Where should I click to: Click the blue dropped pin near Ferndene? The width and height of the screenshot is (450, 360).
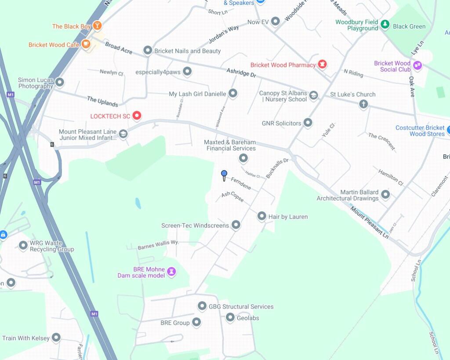click(224, 175)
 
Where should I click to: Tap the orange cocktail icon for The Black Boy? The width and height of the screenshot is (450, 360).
click(97, 25)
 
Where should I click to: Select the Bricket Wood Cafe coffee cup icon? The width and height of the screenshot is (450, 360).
click(86, 44)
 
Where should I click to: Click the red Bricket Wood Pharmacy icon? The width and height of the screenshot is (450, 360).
click(323, 65)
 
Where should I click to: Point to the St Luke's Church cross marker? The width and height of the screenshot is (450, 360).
click(363, 104)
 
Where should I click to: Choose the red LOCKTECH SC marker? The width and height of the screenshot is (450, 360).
click(137, 116)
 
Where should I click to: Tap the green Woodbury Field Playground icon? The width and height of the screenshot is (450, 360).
click(385, 25)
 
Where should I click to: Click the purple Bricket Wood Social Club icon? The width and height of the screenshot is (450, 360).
click(417, 65)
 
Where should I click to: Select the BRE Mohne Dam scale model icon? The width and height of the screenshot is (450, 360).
click(171, 272)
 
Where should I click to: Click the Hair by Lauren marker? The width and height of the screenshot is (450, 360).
click(262, 216)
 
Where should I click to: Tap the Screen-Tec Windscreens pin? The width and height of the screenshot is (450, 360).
click(236, 225)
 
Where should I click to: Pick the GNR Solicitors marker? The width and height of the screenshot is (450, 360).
click(308, 123)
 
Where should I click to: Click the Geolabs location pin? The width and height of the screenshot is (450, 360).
click(230, 317)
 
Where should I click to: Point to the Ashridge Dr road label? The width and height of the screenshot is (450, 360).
click(241, 73)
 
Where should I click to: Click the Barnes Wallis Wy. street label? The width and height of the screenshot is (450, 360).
click(158, 245)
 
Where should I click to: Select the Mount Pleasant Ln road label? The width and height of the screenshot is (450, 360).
click(369, 222)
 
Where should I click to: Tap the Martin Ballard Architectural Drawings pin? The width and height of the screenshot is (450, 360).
click(385, 194)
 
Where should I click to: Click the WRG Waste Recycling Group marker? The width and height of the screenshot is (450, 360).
click(23, 245)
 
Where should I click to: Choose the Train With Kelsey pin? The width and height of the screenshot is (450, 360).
click(56, 338)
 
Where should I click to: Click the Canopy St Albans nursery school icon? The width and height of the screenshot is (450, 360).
click(313, 95)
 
